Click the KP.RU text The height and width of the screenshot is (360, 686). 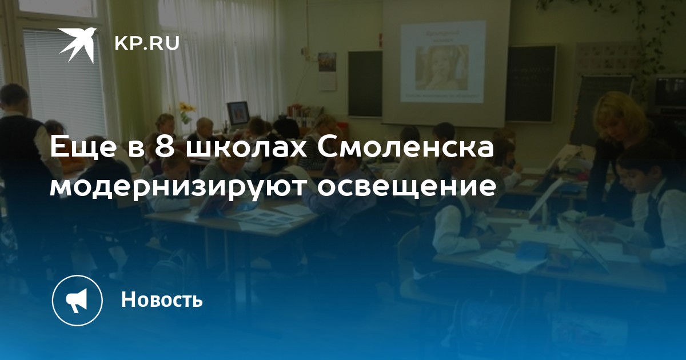[x=147, y=43]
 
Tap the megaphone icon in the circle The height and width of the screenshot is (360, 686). [x=77, y=300]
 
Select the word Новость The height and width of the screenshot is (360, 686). [x=162, y=299]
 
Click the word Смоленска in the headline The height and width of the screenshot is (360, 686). [x=405, y=147]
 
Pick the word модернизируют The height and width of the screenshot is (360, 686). [x=177, y=186]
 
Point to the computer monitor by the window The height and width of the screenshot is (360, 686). [x=238, y=113]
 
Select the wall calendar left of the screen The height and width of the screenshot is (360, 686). [x=327, y=71]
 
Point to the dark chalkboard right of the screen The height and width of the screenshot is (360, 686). [x=531, y=83]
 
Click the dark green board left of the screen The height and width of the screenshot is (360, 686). [x=365, y=83]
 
